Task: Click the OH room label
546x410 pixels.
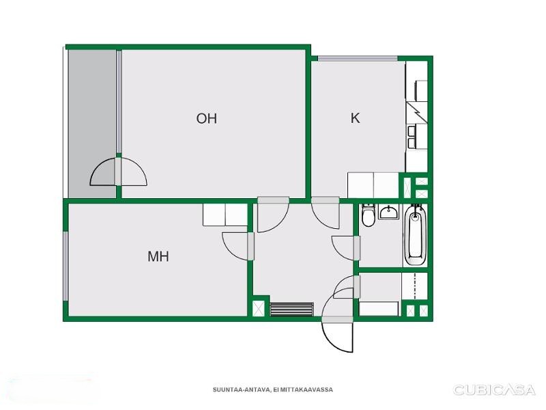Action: click(x=207, y=118)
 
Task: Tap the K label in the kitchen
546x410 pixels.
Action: click(x=355, y=118)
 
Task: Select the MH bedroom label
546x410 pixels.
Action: click(x=158, y=257)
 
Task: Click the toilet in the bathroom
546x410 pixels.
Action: click(x=368, y=215)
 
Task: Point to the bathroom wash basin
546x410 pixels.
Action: click(x=389, y=212)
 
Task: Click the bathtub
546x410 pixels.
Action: click(x=415, y=235)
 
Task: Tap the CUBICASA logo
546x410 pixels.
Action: click(x=493, y=389)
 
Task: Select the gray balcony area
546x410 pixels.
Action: click(x=92, y=124)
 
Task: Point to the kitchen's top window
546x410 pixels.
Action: click(x=358, y=59)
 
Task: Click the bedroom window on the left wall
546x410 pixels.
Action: click(x=65, y=266)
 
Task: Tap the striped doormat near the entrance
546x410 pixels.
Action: click(x=292, y=310)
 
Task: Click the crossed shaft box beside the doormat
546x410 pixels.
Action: click(x=259, y=309)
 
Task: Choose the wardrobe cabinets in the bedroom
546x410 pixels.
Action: click(x=225, y=215)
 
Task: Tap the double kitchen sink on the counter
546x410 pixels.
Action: click(x=412, y=137)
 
